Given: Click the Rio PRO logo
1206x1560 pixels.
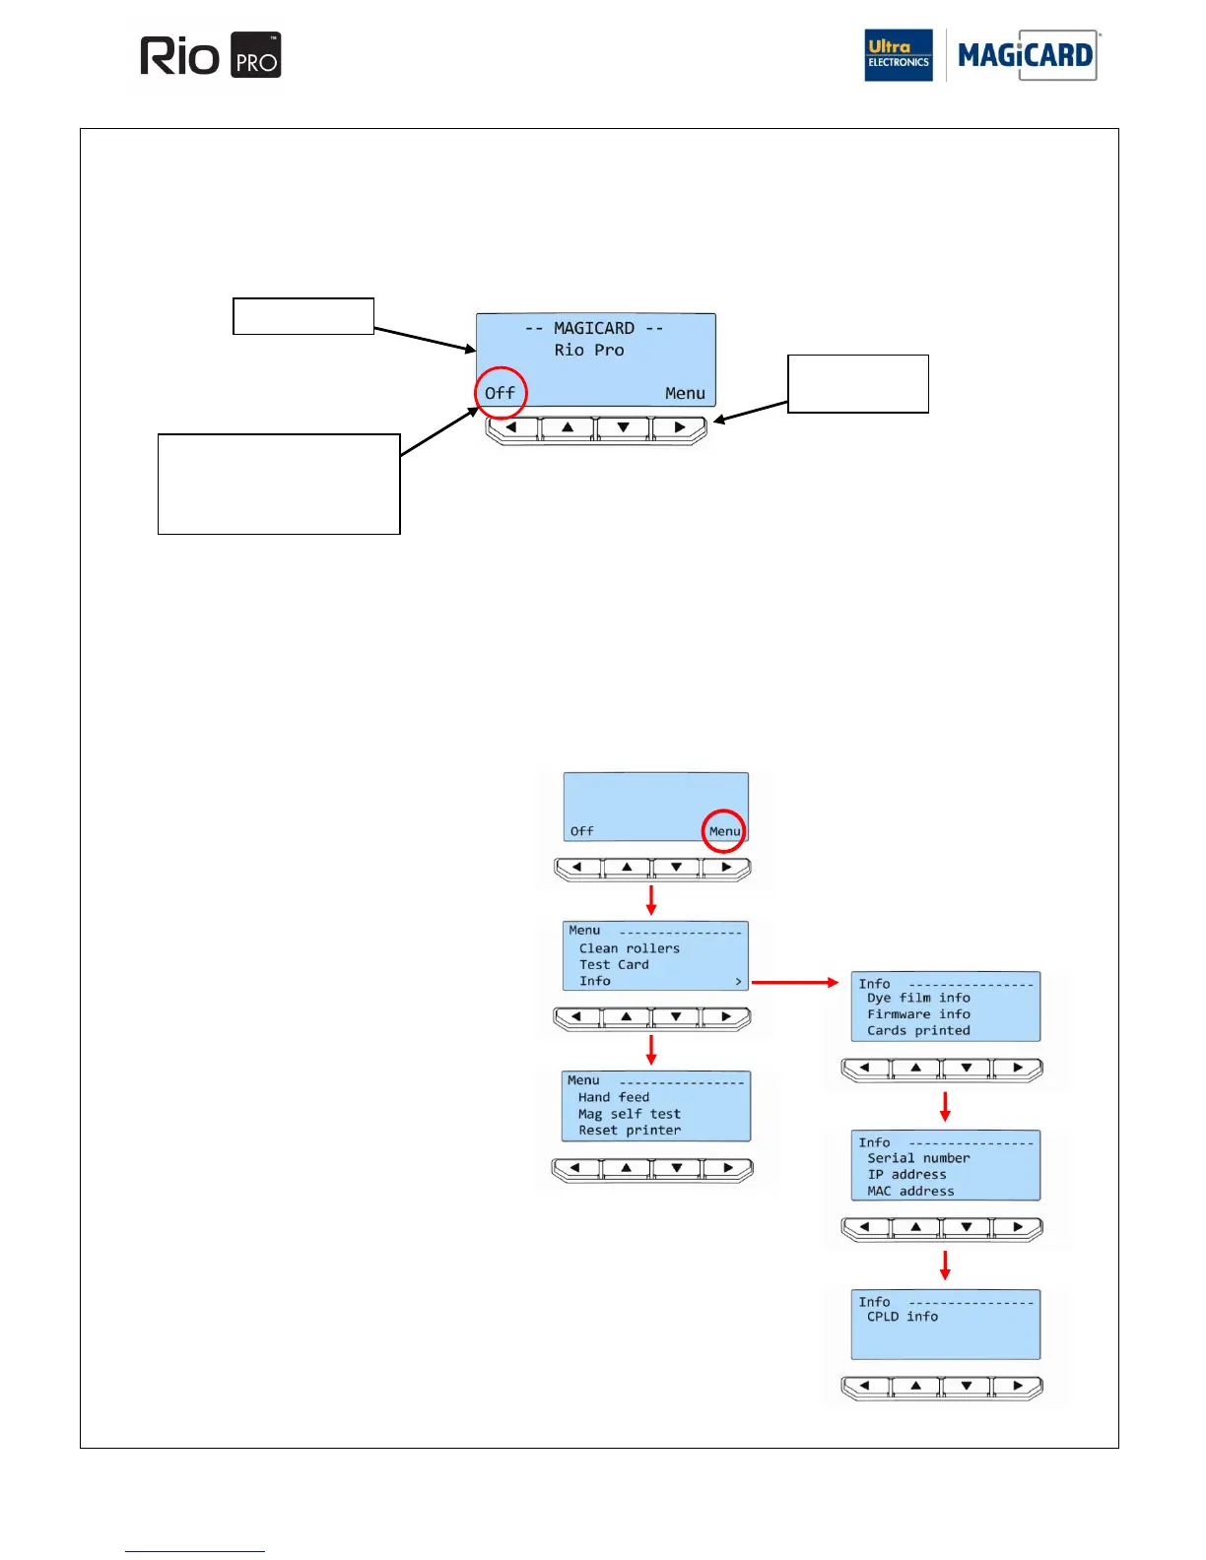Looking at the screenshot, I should tap(210, 56).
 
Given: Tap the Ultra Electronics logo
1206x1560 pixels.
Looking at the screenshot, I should tap(898, 55).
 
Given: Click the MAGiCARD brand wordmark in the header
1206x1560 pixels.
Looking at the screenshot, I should tap(1025, 55).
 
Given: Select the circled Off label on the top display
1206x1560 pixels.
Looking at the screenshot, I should tap(500, 393).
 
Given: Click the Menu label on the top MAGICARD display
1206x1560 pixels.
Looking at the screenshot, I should tap(685, 393).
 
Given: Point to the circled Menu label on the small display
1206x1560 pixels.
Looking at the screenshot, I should tap(724, 831).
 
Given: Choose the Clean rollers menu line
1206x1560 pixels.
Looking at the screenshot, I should tap(629, 948).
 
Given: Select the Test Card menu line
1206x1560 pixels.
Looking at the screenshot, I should tap(614, 965).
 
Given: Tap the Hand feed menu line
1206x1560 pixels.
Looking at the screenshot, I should tap(613, 1097).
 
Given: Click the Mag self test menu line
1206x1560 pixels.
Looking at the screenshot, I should tap(629, 1114).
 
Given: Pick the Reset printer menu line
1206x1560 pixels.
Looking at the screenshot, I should tap(629, 1131).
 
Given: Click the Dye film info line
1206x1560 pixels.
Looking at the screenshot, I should tap(918, 998).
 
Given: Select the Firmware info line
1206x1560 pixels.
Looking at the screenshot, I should tap(918, 1014).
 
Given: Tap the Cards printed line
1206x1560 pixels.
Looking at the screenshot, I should tap(918, 1031).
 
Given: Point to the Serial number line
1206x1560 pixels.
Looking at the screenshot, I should tap(918, 1158).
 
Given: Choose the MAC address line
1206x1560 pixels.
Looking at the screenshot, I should tap(910, 1192).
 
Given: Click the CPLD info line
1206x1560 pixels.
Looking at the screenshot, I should tap(903, 1317).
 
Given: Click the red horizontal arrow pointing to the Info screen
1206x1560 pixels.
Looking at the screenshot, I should tap(794, 982).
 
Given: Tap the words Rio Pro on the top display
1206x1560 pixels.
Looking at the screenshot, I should tap(589, 351).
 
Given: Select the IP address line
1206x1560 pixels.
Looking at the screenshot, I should tap(906, 1175).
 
